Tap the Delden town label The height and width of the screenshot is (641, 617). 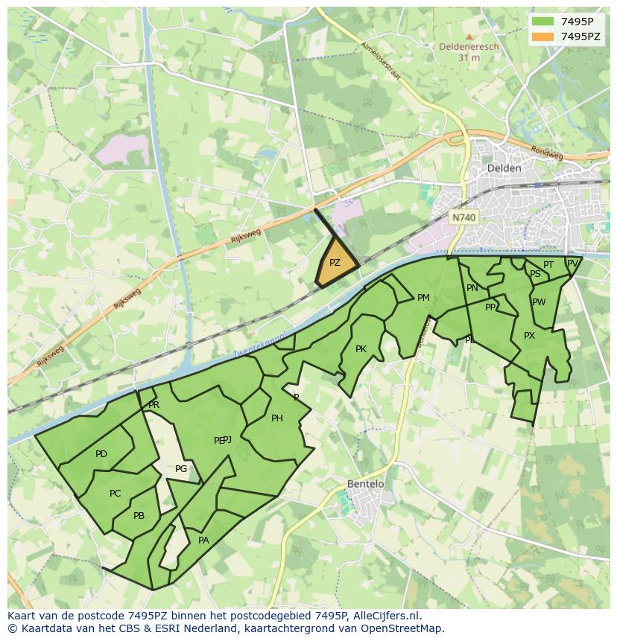tap(504, 168)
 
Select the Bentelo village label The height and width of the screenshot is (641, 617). tap(366, 484)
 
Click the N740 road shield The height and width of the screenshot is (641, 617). tap(463, 217)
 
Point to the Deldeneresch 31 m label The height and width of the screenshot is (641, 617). tap(469, 52)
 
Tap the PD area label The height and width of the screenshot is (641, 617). tap(101, 454)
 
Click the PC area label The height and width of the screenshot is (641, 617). tap(115, 494)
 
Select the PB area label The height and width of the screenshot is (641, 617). tap(139, 516)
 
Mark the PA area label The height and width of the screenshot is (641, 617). tap(203, 540)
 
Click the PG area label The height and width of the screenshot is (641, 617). tap(181, 469)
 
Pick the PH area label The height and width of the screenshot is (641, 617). tap(276, 418)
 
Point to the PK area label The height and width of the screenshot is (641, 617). tap(361, 349)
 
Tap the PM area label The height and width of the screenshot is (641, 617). tap(423, 298)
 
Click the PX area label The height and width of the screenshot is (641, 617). tap(529, 336)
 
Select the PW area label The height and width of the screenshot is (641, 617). tap(539, 302)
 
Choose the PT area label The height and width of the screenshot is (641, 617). tap(548, 265)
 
